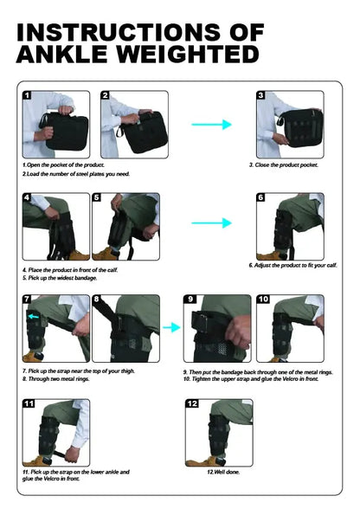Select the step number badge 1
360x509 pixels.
coord(28,95)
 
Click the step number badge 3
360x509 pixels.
coord(260,95)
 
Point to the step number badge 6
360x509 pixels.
coord(260,197)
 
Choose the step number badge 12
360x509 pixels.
coord(192,403)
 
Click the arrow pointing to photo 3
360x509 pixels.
coord(211,125)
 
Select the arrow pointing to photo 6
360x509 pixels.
coord(211,223)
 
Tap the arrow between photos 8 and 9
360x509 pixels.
coord(170,328)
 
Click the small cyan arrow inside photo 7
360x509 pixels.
coord(35,318)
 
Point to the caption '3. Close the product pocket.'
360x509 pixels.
coord(284,164)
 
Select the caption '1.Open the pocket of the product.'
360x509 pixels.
coord(64,164)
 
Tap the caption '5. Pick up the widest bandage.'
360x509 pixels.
coord(60,278)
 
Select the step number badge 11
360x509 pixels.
coord(29,403)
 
